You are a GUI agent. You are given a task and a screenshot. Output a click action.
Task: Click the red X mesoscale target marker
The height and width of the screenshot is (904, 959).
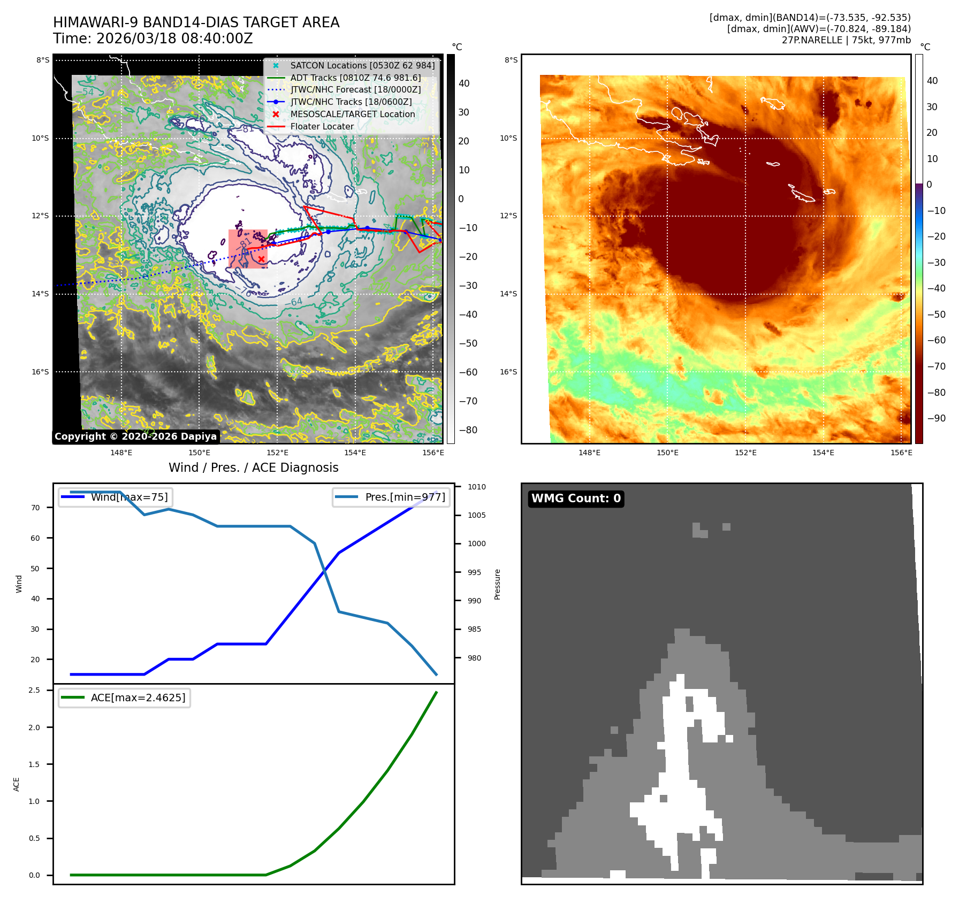(x=261, y=259)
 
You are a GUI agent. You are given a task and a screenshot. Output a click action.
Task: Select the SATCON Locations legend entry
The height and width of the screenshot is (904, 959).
(x=362, y=66)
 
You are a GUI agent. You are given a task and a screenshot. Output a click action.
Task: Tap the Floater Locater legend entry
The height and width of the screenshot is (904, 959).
(x=322, y=127)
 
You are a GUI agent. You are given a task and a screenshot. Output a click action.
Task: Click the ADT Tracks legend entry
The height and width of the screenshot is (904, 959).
(x=355, y=78)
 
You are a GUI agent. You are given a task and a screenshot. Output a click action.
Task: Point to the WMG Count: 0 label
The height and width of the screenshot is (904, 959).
(x=576, y=499)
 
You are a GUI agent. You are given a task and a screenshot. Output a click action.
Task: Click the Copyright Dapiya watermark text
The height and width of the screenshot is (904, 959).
(x=135, y=436)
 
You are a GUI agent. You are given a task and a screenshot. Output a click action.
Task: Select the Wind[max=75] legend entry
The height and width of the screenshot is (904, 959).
(x=129, y=497)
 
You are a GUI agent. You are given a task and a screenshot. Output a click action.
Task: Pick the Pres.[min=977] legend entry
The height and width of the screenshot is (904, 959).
(x=405, y=497)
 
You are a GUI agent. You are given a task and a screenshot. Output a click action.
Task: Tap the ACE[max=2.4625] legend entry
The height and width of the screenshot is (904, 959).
(x=138, y=698)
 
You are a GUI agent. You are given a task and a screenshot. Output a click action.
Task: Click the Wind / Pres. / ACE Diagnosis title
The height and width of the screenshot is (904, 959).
(x=254, y=468)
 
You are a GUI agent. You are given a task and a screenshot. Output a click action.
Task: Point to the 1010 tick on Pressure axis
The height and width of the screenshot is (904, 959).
(x=476, y=487)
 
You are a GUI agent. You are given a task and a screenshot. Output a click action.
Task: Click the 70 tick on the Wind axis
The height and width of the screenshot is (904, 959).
(x=35, y=508)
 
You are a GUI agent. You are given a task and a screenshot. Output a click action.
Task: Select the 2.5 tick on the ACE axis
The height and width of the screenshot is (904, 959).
(x=34, y=690)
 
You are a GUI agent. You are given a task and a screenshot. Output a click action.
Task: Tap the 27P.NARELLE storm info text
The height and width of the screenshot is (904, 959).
(x=846, y=40)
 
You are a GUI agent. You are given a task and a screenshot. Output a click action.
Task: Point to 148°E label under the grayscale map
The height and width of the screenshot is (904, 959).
(x=121, y=453)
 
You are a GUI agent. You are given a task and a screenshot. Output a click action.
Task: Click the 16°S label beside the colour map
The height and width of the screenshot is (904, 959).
(x=508, y=372)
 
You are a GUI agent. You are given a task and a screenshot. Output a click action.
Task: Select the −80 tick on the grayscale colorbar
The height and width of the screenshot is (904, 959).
(x=468, y=430)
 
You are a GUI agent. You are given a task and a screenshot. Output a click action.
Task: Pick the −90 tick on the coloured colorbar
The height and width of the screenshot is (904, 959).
(x=936, y=418)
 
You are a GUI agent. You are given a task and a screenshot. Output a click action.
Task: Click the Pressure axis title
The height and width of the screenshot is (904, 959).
(x=497, y=584)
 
